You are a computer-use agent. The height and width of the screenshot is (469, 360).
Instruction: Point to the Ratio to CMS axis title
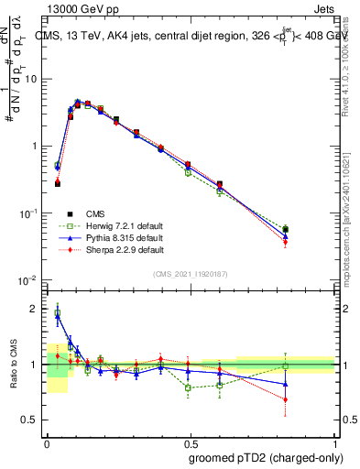(12, 364)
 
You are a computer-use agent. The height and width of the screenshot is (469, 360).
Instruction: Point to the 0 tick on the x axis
(47, 441)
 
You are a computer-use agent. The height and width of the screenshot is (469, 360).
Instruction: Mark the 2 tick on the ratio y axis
(34, 310)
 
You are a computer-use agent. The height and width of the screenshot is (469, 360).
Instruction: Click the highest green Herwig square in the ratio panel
(58, 313)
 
